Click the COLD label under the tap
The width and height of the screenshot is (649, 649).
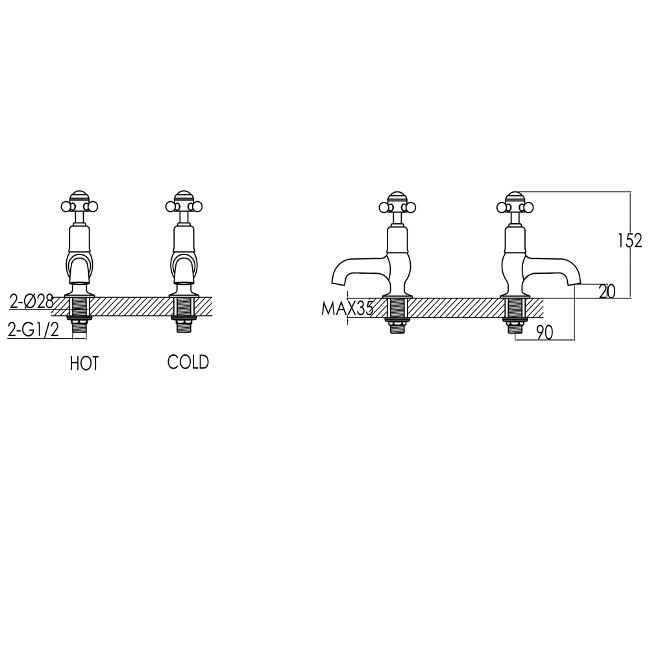pos(188,361)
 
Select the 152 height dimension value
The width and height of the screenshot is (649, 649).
pos(630,241)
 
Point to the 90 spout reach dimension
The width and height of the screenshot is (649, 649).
pos(545,332)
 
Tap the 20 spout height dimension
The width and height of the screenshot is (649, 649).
pos(607,291)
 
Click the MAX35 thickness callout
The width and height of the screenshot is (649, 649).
pos(347,308)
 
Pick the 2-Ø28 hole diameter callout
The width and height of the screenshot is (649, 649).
pos(31,302)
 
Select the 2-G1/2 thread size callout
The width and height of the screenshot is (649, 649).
pos(33,330)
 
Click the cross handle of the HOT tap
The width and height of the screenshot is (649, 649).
pos(79,204)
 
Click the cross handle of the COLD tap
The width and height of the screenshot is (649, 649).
pos(184,204)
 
